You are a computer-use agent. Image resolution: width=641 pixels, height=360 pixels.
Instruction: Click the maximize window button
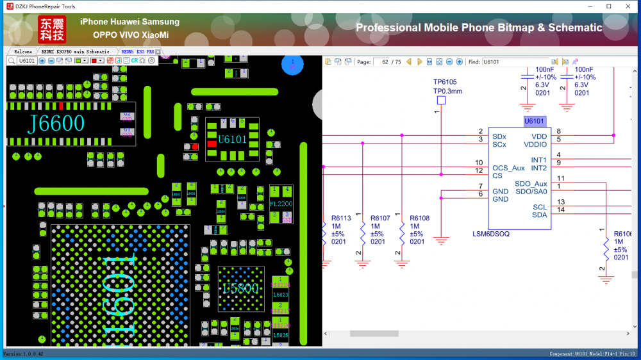[608, 6]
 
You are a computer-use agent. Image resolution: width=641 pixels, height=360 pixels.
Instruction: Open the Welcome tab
[23, 51]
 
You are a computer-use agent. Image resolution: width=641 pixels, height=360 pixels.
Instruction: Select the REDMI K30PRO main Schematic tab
[76, 51]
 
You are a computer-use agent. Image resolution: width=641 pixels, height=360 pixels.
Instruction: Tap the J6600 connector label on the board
[56, 124]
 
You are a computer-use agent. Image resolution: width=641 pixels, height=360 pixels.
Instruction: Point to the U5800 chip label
[240, 289]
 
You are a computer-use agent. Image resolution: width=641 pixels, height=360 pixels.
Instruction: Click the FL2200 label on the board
[281, 204]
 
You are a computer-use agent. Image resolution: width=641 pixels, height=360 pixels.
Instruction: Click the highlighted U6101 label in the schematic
[534, 120]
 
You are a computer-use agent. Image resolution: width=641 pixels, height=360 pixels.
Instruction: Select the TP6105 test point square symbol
[441, 101]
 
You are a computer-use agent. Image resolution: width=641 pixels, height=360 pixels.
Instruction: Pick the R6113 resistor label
[341, 218]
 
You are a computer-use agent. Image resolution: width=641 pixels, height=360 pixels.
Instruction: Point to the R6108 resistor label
[419, 218]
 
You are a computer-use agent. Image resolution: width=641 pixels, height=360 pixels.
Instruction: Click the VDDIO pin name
[535, 145]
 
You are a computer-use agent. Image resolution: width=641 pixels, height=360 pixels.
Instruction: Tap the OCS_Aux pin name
[508, 168]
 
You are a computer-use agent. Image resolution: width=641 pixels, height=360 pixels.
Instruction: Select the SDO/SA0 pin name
[531, 192]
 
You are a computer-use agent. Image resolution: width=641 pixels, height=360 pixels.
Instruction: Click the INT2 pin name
[538, 168]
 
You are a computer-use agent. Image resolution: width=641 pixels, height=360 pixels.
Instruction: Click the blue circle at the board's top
[293, 65]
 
